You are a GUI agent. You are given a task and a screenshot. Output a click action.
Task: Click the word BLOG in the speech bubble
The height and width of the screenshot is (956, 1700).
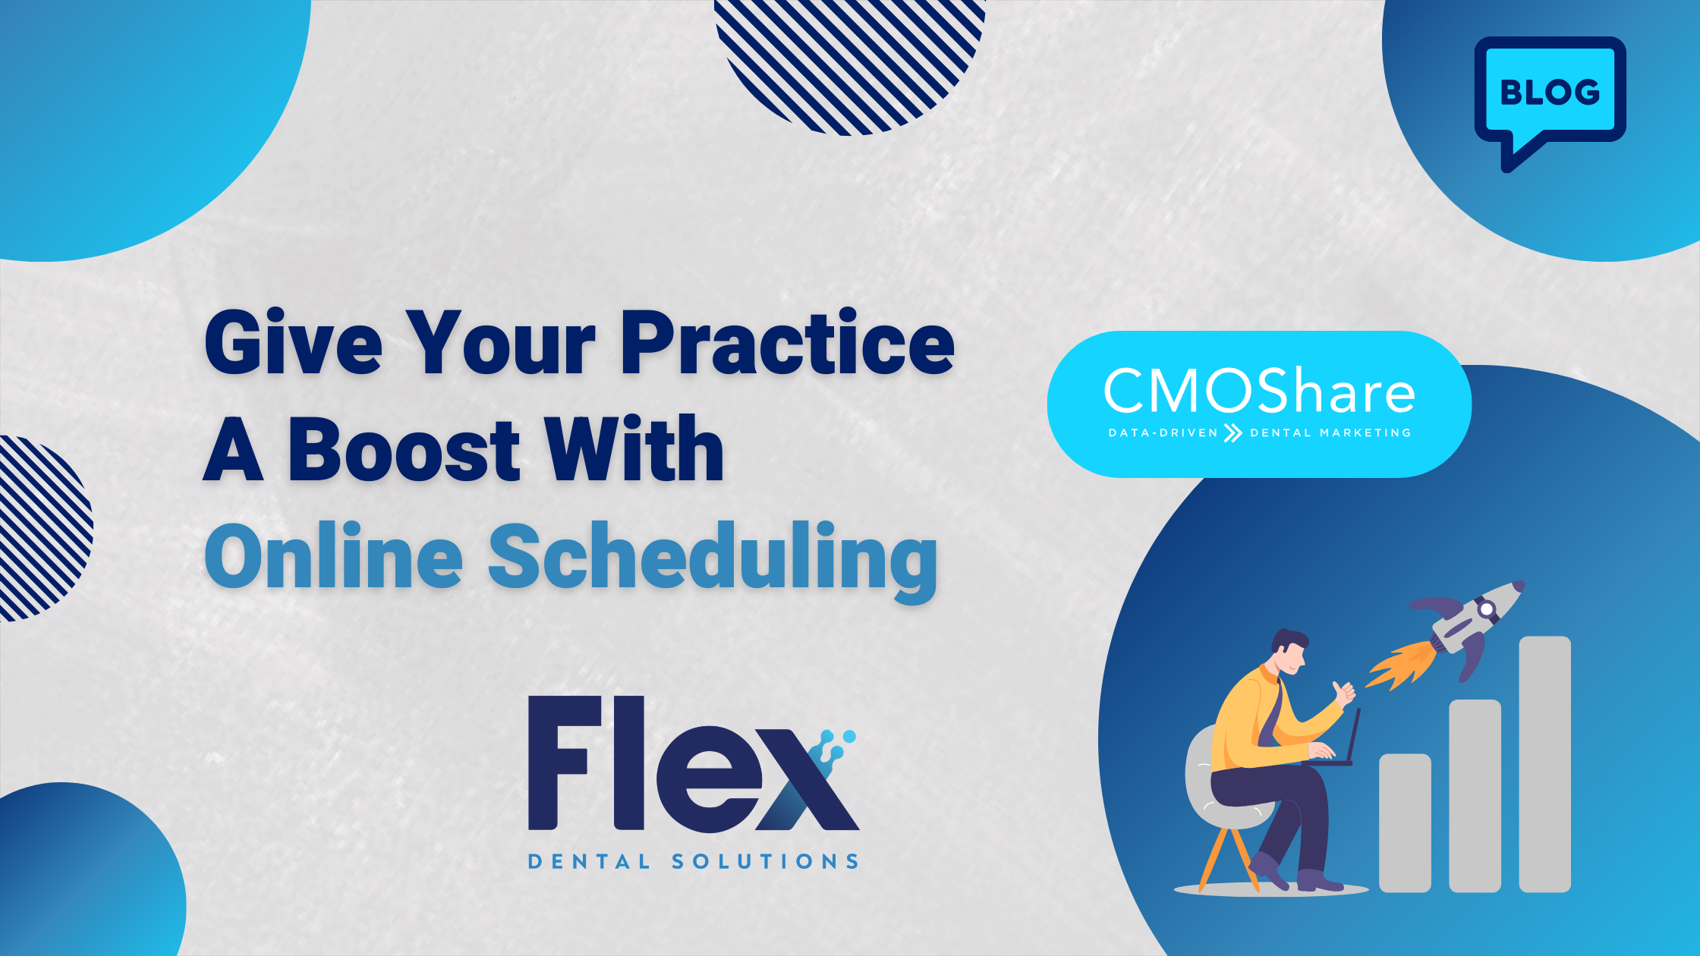coord(1550,92)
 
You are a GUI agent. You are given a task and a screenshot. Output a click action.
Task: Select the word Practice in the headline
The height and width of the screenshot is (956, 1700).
coord(788,343)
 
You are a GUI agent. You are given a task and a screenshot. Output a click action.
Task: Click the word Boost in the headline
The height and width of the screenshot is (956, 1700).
coord(403,450)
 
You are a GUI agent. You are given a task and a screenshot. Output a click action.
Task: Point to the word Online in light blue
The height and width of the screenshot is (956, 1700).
coord(334,556)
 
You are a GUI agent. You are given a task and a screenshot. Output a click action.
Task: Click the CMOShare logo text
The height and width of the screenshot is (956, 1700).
coord(1259,392)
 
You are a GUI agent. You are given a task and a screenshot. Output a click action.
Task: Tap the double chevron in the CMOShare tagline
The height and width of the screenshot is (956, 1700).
coord(1234,433)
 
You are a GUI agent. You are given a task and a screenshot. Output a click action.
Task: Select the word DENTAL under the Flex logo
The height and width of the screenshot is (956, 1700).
coord(589,862)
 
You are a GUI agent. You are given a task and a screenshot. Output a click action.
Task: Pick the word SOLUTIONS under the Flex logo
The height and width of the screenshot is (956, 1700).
coord(765,862)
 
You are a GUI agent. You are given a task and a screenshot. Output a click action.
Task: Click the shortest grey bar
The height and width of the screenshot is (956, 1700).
coord(1405,822)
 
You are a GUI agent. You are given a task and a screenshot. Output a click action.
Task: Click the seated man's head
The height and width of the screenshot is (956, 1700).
coord(1289,651)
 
